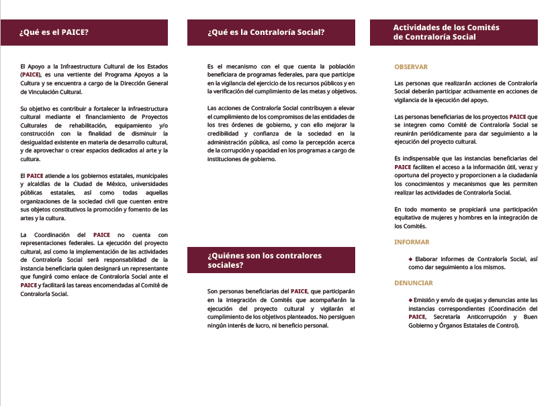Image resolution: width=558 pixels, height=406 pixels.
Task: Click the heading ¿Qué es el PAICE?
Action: [54, 32]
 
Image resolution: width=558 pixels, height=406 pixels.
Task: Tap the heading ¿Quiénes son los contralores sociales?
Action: [265, 260]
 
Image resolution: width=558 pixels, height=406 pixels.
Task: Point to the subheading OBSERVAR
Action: [411, 67]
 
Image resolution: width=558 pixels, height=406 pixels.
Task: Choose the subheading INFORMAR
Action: [412, 242]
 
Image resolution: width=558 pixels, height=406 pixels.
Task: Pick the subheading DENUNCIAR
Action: [414, 283]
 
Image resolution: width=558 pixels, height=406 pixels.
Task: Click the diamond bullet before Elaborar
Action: [410, 258]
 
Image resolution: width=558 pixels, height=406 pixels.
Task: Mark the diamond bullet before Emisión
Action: [410, 299]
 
